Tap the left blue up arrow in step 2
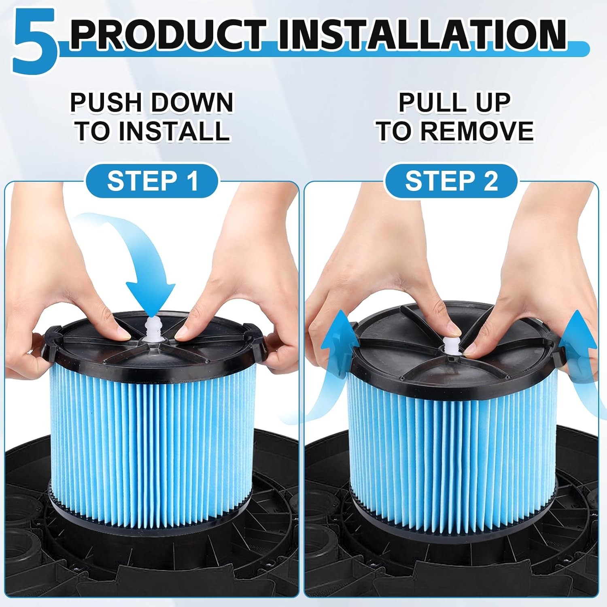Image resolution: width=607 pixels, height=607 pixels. pyautogui.click(x=332, y=364)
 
